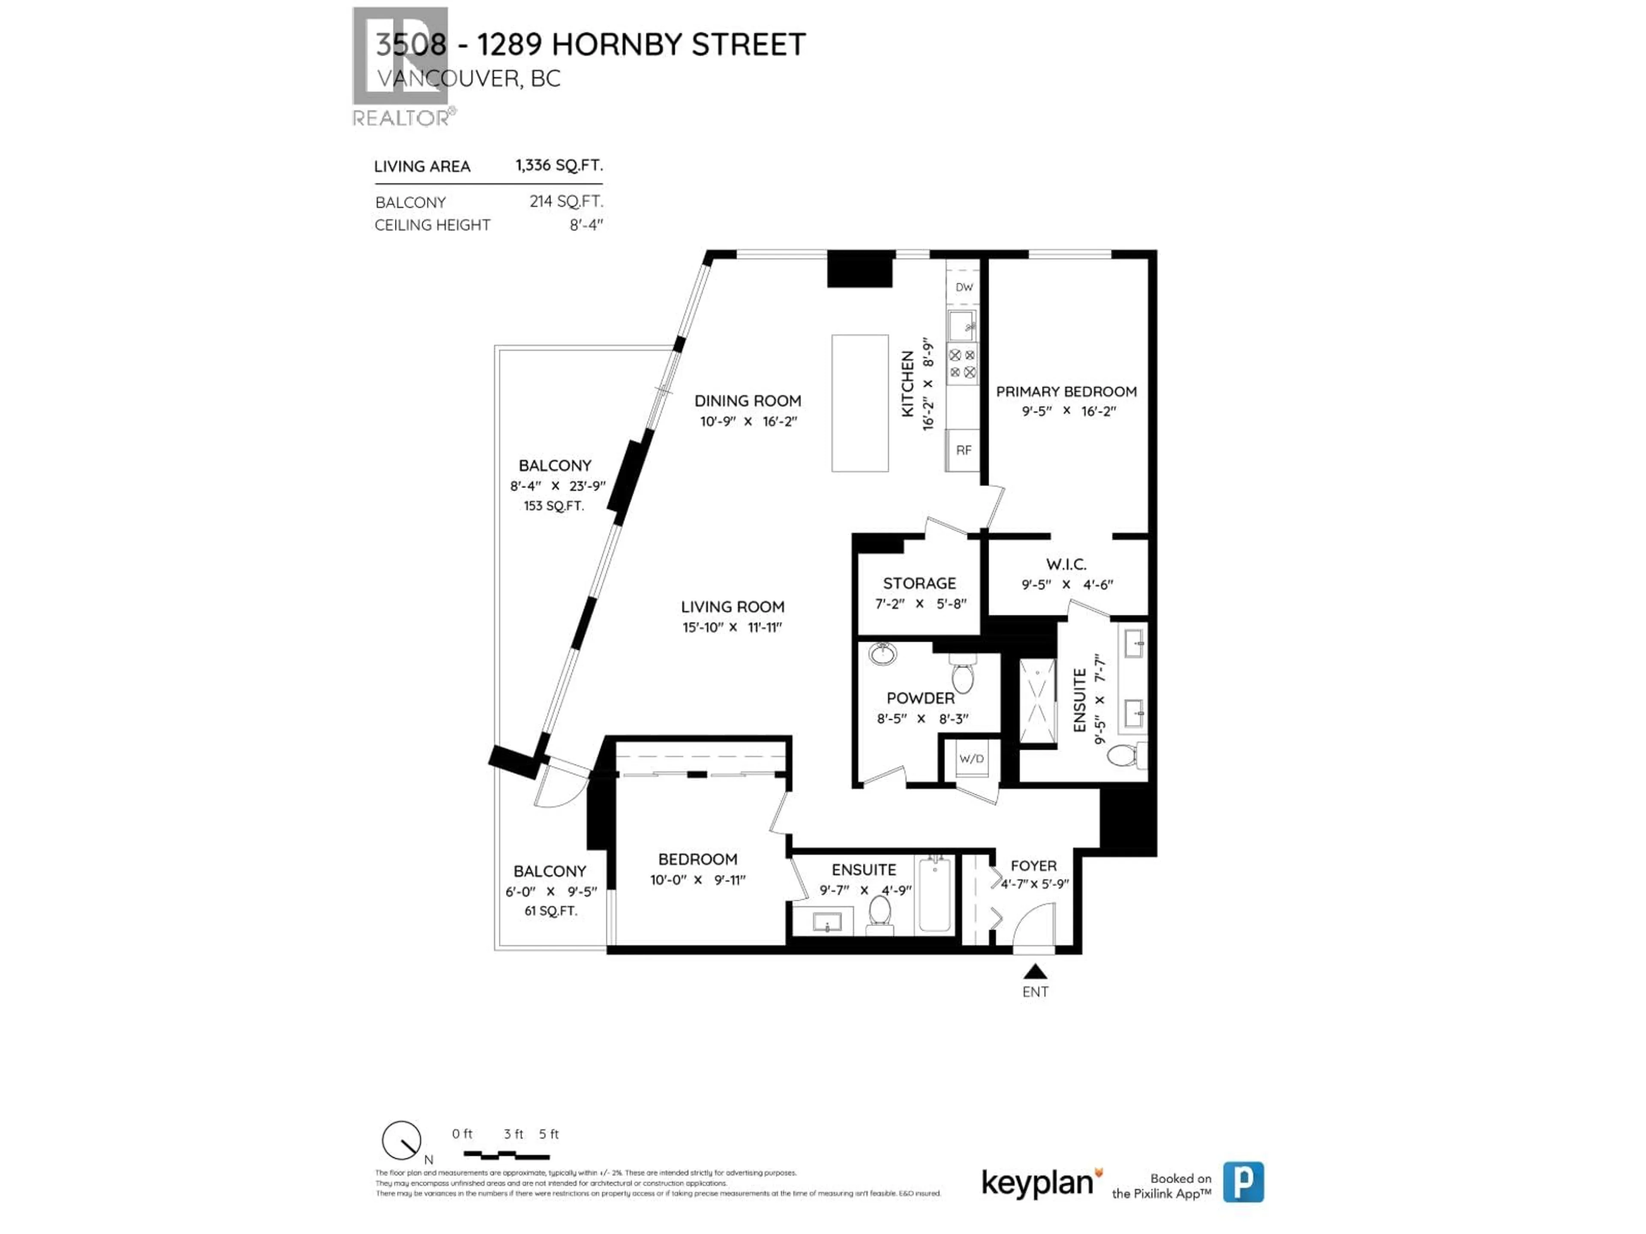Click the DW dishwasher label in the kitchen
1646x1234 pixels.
click(964, 287)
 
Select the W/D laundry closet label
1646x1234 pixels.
click(971, 759)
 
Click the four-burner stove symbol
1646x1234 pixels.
click(962, 364)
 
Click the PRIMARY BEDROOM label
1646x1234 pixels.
click(1066, 391)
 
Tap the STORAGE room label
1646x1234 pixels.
click(919, 583)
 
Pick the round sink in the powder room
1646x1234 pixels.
click(883, 654)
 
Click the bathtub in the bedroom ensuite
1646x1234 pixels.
click(934, 895)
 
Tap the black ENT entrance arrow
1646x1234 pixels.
click(1035, 971)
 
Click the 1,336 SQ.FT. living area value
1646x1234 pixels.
click(559, 165)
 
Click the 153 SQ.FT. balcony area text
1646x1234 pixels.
click(554, 506)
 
